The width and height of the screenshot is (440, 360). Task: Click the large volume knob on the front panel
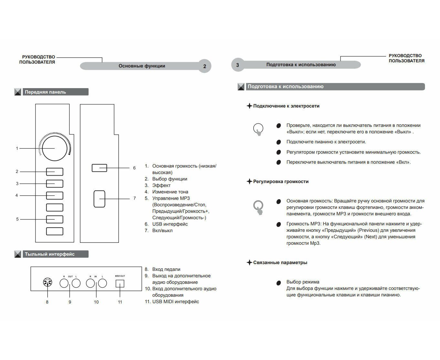point(55,148)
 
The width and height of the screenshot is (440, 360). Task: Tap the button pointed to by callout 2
point(55,171)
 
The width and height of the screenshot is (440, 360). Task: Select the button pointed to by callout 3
point(55,183)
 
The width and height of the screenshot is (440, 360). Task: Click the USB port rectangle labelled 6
point(99,168)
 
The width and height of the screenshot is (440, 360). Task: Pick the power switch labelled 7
point(100,199)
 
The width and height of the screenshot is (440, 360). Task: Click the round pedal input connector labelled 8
point(47,283)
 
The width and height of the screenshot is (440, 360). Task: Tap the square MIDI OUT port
point(120,283)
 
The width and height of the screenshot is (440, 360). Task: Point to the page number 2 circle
point(204,66)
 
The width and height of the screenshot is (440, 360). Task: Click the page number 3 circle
point(238,65)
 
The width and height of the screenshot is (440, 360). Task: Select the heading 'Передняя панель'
point(45,92)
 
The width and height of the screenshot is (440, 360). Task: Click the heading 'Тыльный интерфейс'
point(50,254)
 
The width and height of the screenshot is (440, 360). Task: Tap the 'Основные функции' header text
point(142,66)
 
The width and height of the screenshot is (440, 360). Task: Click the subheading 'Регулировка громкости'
point(281,181)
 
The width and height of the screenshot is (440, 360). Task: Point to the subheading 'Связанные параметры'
point(280,262)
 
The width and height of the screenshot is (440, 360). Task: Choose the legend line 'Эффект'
point(161,185)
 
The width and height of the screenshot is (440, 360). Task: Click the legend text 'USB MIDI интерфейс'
point(175,302)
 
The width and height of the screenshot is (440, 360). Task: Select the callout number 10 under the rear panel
point(96,302)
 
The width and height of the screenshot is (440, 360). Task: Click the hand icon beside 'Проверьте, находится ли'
point(258,129)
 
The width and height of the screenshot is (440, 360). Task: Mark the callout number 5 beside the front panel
point(17,219)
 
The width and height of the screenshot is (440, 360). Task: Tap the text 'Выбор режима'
point(303,282)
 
